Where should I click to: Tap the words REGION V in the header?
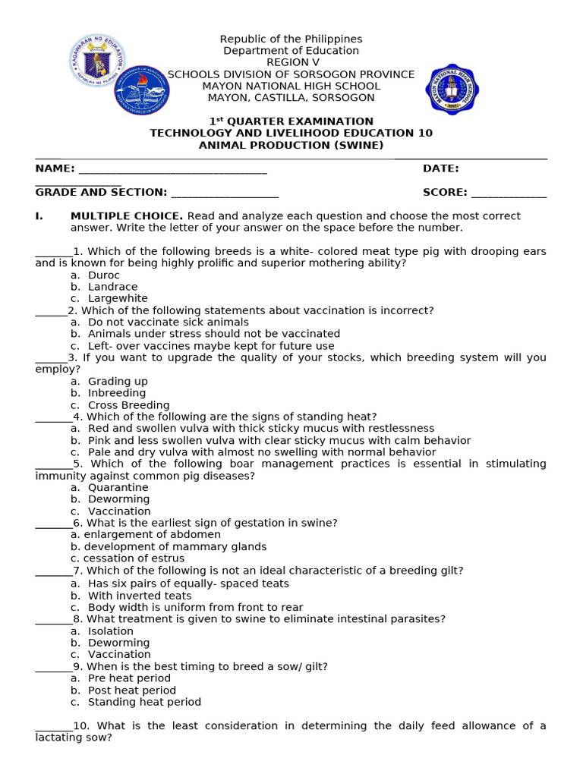point(291,62)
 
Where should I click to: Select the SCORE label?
point(445,193)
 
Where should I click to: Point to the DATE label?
point(440,168)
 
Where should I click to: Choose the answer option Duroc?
point(104,275)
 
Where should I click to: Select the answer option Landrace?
point(112,287)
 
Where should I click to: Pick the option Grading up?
point(118,382)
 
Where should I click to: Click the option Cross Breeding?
point(128,405)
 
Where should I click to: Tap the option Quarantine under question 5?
point(118,488)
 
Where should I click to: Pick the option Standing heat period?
point(144,703)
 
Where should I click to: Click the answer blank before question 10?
point(54,726)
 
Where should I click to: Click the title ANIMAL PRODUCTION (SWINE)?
point(291,145)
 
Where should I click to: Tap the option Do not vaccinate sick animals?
point(168,322)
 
